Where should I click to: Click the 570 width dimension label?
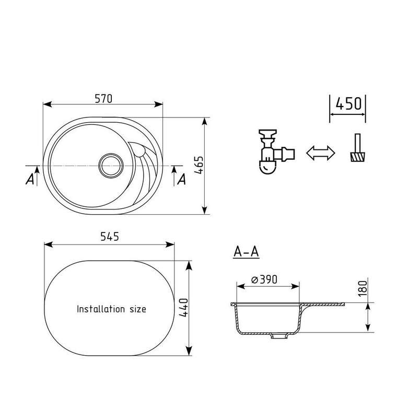coord(103,99)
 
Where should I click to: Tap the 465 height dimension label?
coord(199,165)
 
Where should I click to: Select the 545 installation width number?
coord(110,237)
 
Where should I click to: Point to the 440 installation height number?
coord(183,308)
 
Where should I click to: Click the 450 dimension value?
coord(348,103)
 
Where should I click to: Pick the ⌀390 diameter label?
coord(264,279)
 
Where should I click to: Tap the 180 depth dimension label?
coord(363,288)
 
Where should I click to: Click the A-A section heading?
coord(246,252)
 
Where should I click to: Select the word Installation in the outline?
coord(101,309)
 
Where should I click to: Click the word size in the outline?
coord(138,309)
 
